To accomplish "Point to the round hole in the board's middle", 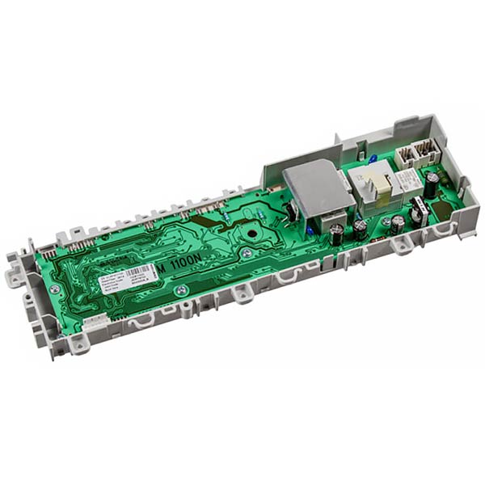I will coord(256,239).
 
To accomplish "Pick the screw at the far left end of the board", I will coord(54,289).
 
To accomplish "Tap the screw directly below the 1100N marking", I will coord(183,289).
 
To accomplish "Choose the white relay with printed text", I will coord(407,182).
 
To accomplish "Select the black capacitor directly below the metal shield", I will coord(335,234).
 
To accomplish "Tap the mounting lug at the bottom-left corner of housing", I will coord(78,345).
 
